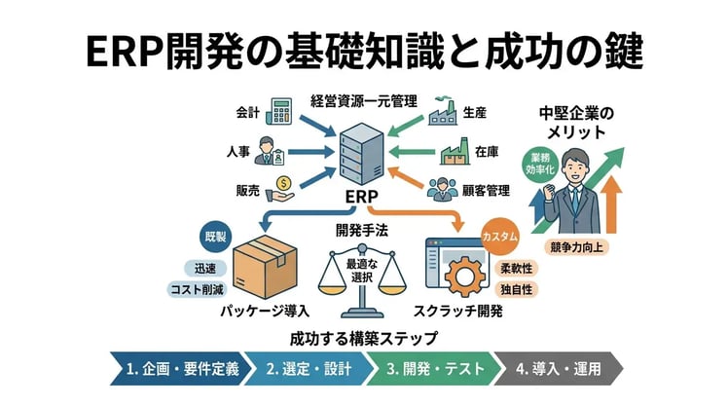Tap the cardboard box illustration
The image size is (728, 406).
(x=264, y=270)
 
